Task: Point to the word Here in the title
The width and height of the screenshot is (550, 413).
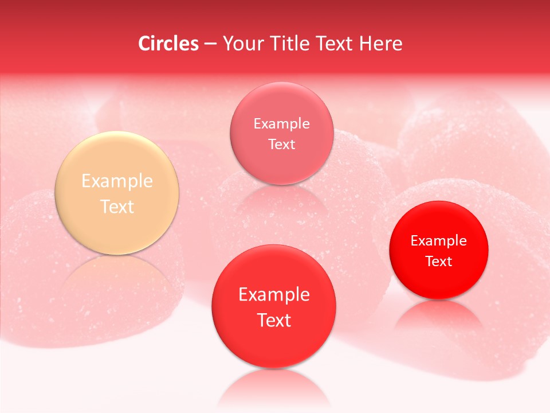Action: click(x=382, y=44)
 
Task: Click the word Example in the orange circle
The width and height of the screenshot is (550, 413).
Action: click(x=117, y=181)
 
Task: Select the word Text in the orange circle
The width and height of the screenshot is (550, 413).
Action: click(x=117, y=206)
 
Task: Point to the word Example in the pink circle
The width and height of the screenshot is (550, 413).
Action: click(x=281, y=124)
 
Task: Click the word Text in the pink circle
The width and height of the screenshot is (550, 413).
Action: click(x=281, y=144)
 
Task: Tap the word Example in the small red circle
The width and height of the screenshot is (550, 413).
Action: click(x=439, y=241)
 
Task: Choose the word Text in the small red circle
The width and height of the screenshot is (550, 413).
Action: click(x=439, y=262)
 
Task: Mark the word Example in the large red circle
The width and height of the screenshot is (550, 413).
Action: click(x=274, y=295)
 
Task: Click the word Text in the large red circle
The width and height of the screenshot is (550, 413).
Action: click(x=274, y=320)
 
